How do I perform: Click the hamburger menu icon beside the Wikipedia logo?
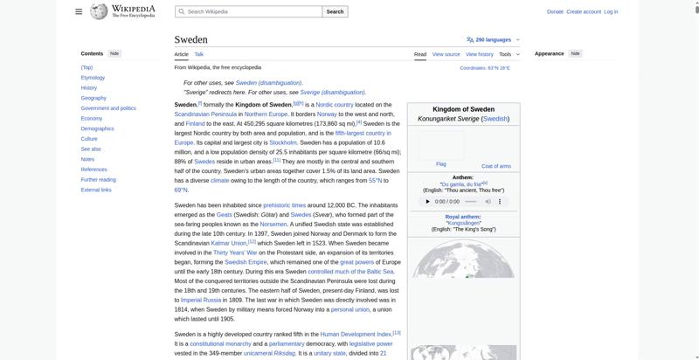coord(79,11)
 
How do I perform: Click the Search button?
coord(336,11)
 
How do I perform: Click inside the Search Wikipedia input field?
coord(249,11)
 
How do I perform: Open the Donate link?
coord(555,11)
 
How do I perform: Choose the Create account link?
coord(584,11)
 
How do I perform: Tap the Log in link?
coord(611,11)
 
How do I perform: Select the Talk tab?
coord(199,54)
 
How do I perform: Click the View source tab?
coord(446,54)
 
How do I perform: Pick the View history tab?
coord(480,54)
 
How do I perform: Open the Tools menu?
coord(508,54)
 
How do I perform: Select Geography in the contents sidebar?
coord(93,98)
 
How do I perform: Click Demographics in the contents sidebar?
coord(97,128)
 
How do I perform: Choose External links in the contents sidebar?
coord(96,190)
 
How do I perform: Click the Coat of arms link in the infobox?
coord(496,166)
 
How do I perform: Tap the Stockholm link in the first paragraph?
coord(283,142)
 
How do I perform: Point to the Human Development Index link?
coord(356,334)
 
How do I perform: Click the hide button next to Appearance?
coord(575,53)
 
